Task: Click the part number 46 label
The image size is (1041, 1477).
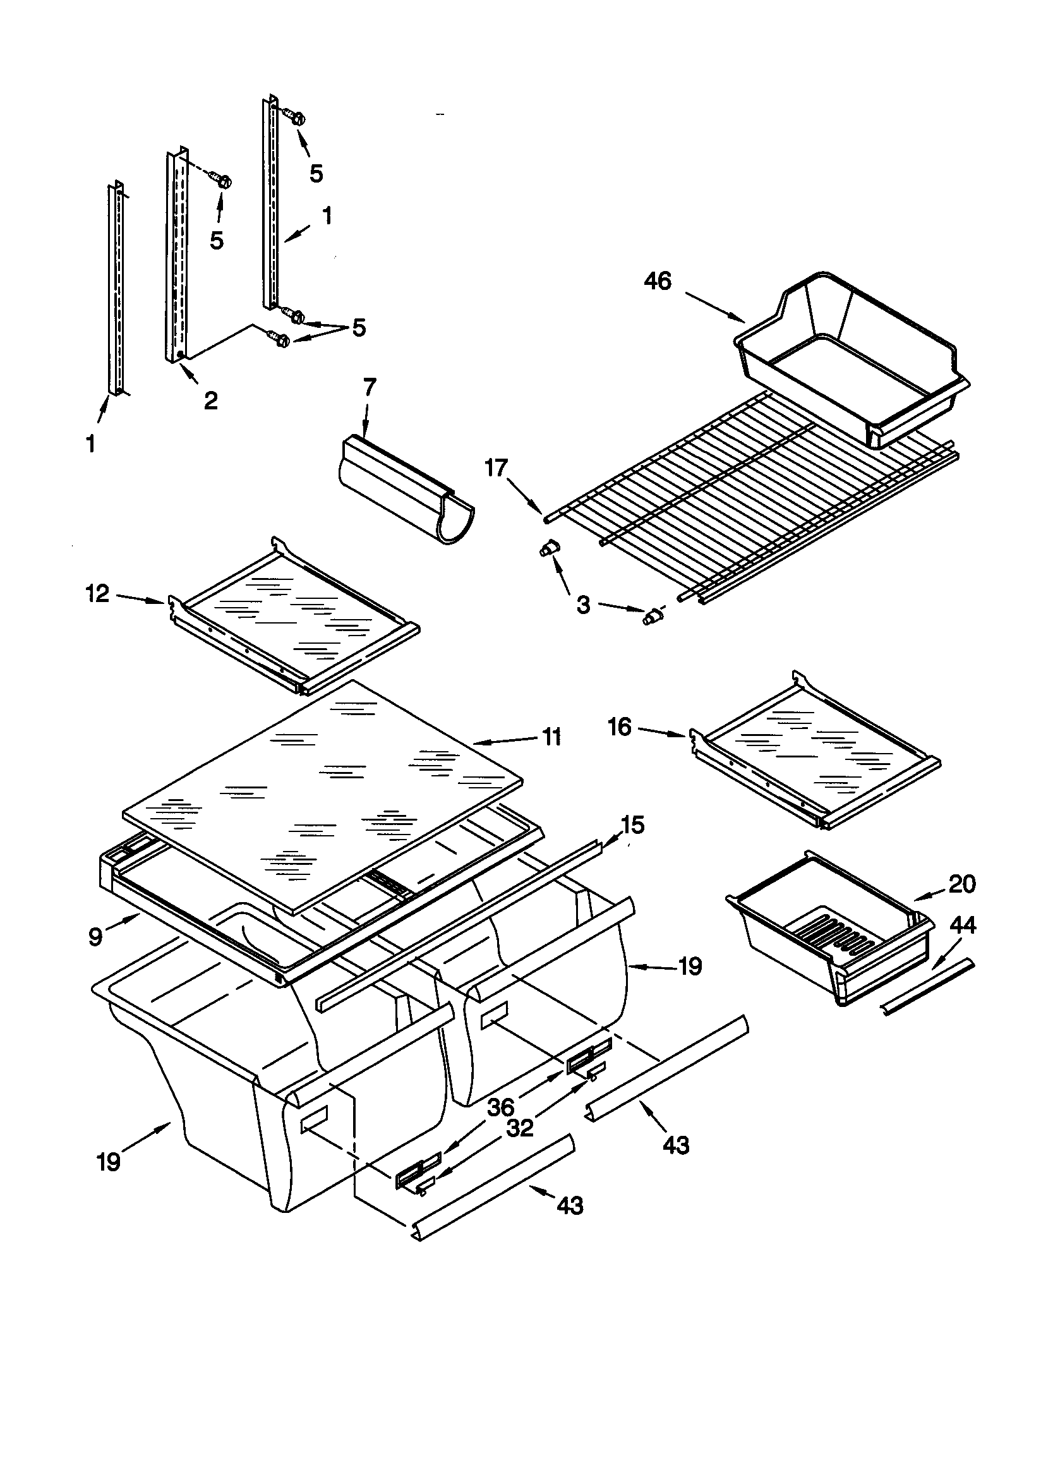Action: click(658, 282)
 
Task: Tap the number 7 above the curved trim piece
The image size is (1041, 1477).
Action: click(370, 388)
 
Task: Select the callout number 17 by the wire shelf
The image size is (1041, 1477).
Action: click(496, 468)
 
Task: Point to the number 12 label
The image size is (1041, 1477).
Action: click(98, 593)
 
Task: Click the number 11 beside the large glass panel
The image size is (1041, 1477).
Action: click(551, 737)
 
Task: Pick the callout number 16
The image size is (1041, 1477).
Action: click(620, 728)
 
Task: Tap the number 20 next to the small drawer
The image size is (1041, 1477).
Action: click(962, 884)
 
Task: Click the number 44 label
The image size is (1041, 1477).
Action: click(963, 925)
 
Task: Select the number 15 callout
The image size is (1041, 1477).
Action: click(632, 824)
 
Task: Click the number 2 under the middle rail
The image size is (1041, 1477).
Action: click(210, 401)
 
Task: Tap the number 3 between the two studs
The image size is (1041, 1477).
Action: click(583, 605)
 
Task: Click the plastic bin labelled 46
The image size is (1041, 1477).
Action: click(849, 360)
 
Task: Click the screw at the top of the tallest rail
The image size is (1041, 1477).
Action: click(296, 118)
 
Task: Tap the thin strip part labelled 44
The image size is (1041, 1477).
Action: click(928, 987)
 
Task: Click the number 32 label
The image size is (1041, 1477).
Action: click(519, 1128)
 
